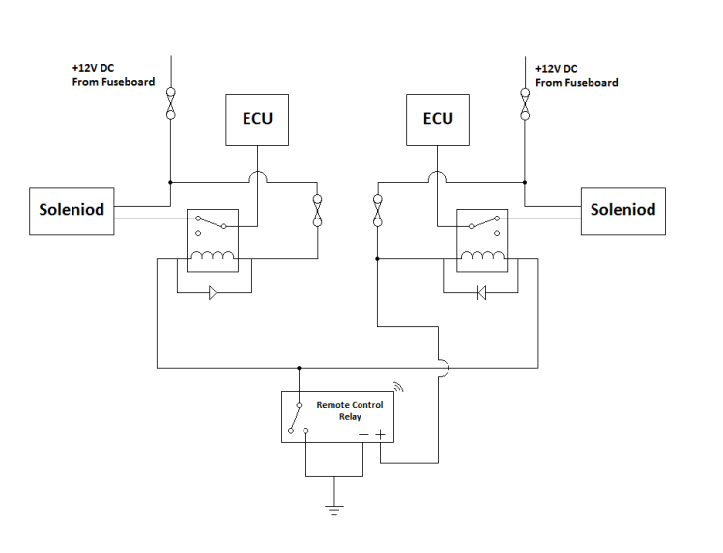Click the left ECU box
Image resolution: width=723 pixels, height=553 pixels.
coord(257,120)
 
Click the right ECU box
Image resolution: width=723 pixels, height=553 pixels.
coord(438,120)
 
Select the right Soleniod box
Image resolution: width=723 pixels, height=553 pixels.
coord(622,210)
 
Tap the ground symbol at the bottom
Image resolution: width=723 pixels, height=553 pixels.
coord(334,509)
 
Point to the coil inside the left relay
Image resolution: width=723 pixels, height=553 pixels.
coord(213,256)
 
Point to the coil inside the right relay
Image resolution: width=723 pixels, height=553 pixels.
coord(480,256)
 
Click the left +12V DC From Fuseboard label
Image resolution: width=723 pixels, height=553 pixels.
coord(113,76)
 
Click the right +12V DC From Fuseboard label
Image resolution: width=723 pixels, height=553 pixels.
coord(576,76)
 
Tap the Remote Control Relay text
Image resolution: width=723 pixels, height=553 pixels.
coord(349,411)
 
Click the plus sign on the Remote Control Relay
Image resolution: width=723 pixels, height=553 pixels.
coord(380,434)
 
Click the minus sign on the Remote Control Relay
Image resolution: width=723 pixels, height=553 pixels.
coord(363,434)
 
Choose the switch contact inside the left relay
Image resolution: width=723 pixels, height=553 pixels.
coord(213,224)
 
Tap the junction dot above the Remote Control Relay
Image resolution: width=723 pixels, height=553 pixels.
coord(299,368)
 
